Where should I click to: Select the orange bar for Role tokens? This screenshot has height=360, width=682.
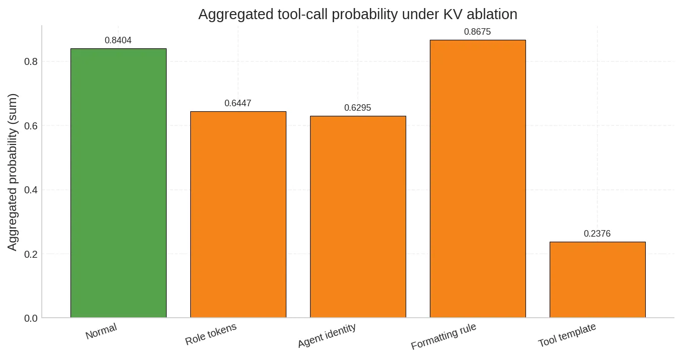[x=238, y=214]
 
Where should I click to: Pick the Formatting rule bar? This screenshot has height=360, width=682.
[x=478, y=179]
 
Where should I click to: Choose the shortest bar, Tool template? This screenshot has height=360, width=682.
[x=597, y=279]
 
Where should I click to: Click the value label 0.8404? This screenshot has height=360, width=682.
[x=118, y=41]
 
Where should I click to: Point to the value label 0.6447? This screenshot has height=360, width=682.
[x=238, y=104]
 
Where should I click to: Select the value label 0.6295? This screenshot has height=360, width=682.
[x=358, y=108]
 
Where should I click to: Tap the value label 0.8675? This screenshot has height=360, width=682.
[x=478, y=32]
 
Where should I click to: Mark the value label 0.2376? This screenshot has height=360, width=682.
[x=597, y=234]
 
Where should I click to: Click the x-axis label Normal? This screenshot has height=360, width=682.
[x=101, y=331]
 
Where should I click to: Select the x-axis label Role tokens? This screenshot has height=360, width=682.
[x=211, y=334]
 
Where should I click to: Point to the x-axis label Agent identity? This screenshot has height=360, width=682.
[x=327, y=336]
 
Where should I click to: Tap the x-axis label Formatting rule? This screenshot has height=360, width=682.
[x=443, y=337]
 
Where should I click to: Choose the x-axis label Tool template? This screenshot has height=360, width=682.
[x=567, y=335]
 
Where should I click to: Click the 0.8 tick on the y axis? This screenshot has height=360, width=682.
[x=31, y=62]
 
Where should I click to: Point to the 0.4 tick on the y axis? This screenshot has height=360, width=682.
[x=31, y=190]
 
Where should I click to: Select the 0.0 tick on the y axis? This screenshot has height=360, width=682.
[x=31, y=318]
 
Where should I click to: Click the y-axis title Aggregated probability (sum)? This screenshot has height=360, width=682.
[x=13, y=172]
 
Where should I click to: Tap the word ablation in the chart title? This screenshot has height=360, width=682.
[x=492, y=15]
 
